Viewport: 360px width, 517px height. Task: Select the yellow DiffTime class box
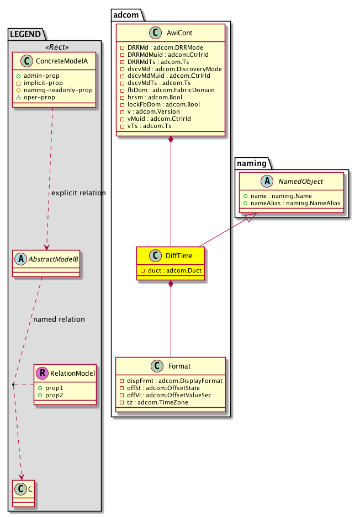point(171,263)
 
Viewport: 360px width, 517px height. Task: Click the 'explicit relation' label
point(78,193)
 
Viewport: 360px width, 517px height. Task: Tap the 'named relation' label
point(59,319)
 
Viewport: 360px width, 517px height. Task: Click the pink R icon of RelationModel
point(42,374)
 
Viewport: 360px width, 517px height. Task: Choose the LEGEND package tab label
point(25,34)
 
